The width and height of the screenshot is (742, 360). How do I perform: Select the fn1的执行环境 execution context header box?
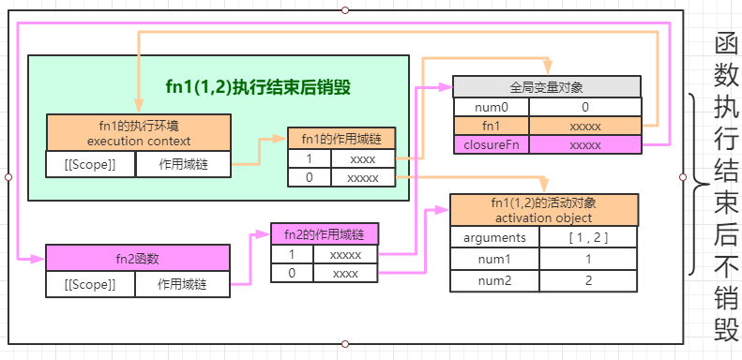point(138,133)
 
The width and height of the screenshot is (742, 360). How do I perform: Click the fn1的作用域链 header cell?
point(348,139)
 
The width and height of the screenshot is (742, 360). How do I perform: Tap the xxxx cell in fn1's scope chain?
point(362,159)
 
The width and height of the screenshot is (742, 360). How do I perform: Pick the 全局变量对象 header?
point(546,86)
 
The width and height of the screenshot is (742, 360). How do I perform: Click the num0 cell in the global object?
point(491,107)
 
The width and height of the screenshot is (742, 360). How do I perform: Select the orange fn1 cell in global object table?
point(491,126)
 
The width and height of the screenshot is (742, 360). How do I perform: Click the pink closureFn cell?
point(491,145)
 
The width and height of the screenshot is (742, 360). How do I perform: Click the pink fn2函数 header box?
point(138,258)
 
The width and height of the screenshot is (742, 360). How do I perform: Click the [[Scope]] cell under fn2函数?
point(90,284)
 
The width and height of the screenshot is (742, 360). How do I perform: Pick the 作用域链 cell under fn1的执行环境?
point(183,165)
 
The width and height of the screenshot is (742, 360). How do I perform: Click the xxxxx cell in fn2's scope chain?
point(345,254)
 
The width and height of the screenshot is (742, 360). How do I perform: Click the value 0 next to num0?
point(584,107)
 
